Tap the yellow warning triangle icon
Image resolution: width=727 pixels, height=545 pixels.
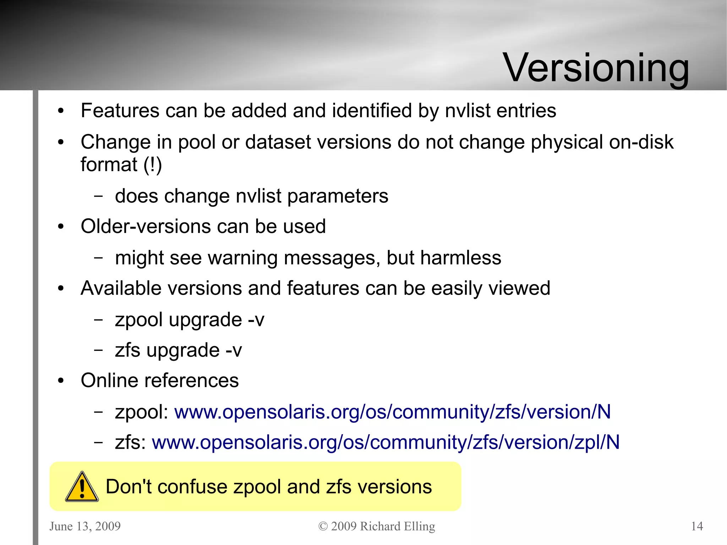82,487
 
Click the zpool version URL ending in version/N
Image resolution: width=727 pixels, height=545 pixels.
392,412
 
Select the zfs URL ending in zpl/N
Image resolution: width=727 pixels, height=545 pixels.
386,442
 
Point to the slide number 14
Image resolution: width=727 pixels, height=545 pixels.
697,526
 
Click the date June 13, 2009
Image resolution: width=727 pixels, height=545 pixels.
85,526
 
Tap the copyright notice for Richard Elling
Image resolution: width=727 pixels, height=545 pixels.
377,526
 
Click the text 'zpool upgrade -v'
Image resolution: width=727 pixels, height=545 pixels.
190,320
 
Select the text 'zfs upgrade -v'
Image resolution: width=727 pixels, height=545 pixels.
178,350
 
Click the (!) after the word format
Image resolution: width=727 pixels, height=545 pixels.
153,165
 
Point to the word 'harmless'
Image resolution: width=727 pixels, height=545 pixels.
461,258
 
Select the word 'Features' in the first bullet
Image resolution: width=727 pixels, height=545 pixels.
120,110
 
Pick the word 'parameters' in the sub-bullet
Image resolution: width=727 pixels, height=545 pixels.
338,196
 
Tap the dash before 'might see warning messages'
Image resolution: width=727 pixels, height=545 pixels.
98,257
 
